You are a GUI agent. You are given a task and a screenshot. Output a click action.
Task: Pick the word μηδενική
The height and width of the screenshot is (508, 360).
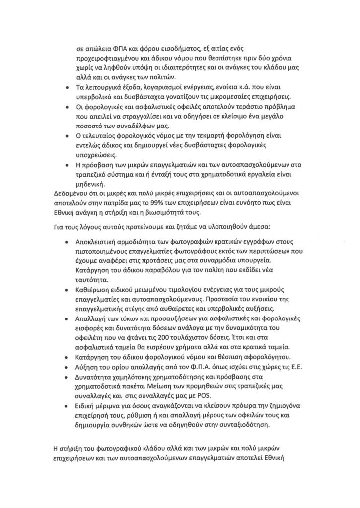point(92,183)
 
